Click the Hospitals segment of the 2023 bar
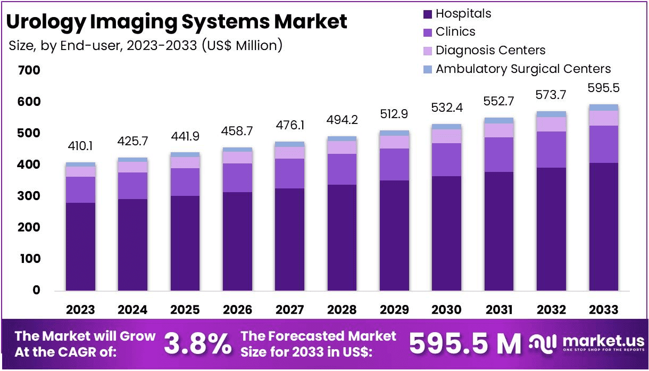point(80,246)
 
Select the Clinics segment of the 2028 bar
point(342,169)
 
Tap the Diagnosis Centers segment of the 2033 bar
point(604,118)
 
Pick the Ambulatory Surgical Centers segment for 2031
point(499,120)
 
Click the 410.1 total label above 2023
point(80,146)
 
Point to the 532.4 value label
point(447,109)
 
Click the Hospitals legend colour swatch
point(427,13)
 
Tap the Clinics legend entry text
point(455,32)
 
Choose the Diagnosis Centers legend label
point(490,51)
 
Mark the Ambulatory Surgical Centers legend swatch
point(427,69)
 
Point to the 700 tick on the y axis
point(29,70)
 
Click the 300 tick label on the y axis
point(29,196)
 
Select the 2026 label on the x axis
point(237,310)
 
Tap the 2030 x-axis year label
point(447,310)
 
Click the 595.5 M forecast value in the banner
point(465,344)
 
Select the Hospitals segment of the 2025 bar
point(185,243)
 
